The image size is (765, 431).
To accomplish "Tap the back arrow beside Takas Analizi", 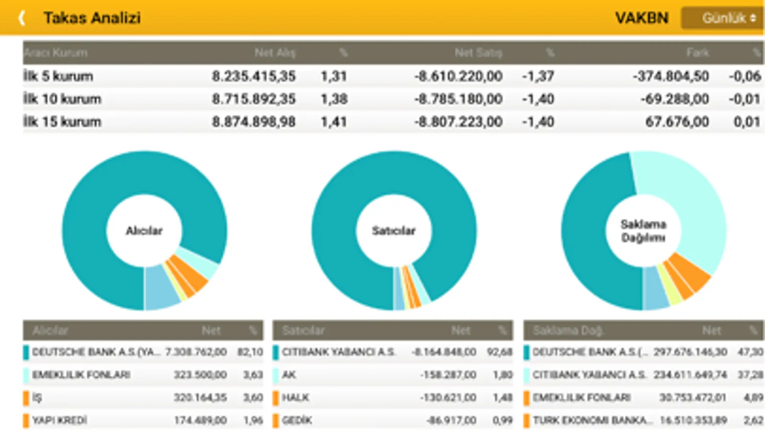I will (x=22, y=18).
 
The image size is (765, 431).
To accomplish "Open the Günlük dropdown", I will (x=722, y=18).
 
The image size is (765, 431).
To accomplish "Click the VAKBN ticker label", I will (x=642, y=18).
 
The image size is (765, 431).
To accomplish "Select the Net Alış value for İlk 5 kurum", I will (x=254, y=76).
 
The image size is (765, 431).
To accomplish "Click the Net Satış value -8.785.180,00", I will (x=458, y=99).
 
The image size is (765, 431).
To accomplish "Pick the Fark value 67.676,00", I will (x=677, y=122).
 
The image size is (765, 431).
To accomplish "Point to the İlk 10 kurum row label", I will (x=62, y=99).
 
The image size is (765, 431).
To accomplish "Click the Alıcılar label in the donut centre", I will (x=144, y=231).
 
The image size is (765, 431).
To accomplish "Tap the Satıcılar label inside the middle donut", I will (x=393, y=231).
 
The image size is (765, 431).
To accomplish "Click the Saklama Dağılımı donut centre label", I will (x=643, y=231).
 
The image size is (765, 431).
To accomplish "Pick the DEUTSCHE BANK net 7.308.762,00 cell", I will (x=196, y=352).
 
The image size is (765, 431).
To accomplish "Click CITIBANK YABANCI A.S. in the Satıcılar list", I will (x=339, y=352).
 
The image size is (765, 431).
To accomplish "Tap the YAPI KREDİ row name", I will (x=60, y=420).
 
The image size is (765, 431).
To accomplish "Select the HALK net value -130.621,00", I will (x=448, y=397).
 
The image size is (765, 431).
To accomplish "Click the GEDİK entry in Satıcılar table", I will (x=297, y=420).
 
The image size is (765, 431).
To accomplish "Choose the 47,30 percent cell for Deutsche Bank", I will (x=750, y=352).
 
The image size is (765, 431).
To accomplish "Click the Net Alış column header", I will (x=275, y=53).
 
